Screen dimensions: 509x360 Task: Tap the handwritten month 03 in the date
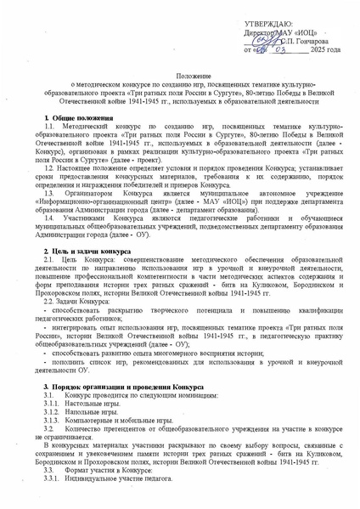279,50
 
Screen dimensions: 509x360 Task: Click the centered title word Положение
179,77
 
